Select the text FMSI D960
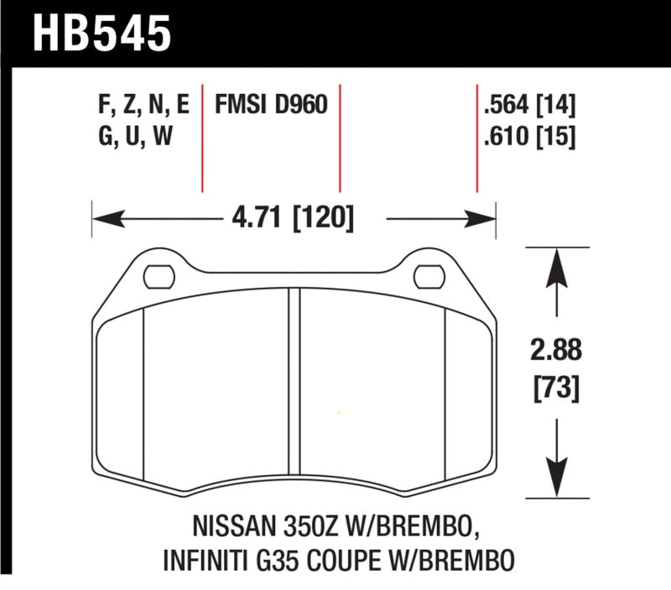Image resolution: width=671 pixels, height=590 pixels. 270,106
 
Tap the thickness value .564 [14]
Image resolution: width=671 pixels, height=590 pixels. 529,106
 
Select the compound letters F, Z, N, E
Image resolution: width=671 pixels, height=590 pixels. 143,106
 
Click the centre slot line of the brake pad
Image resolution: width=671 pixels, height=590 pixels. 294,386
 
